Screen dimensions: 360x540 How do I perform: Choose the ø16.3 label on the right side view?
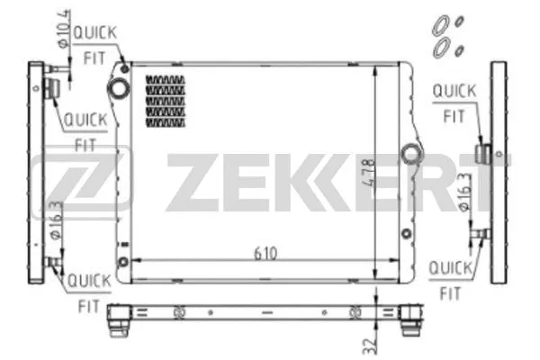[x=463, y=192]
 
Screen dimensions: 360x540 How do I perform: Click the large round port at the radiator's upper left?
[x=119, y=87]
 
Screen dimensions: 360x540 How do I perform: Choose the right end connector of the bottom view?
[x=409, y=316]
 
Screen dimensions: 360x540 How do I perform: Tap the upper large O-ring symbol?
[x=442, y=23]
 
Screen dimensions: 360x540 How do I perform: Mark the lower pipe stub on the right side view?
[x=482, y=236]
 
